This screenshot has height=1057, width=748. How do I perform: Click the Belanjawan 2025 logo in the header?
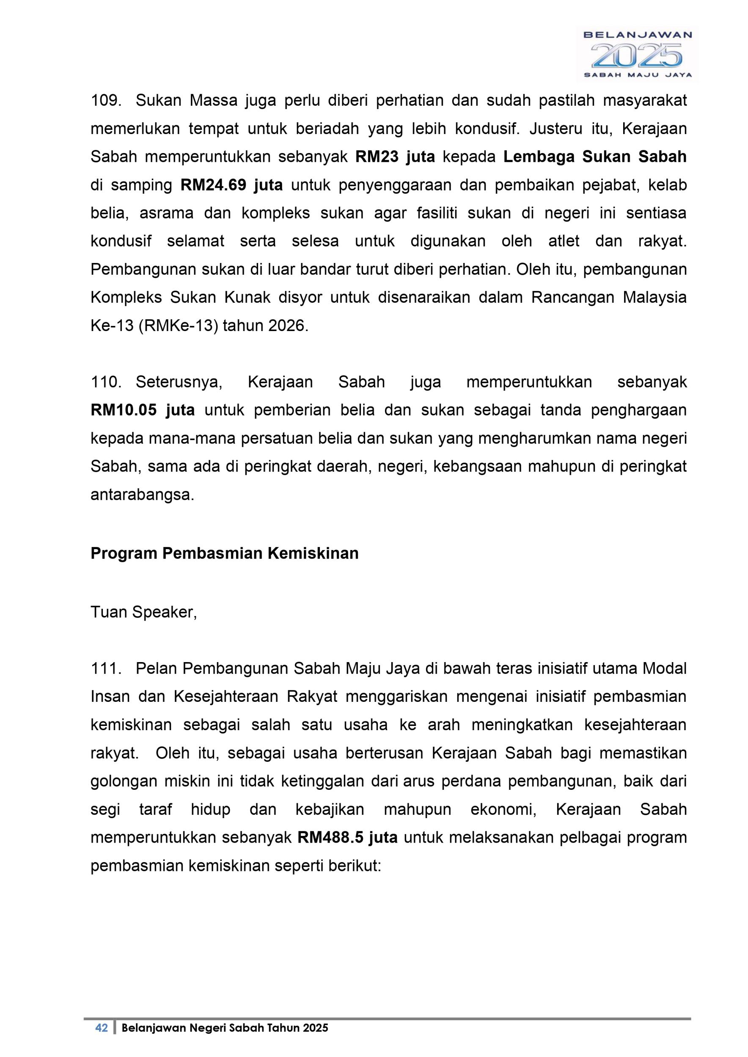(x=637, y=54)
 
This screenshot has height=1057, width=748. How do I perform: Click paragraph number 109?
(x=105, y=100)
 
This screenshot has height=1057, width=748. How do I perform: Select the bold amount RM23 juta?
(x=395, y=157)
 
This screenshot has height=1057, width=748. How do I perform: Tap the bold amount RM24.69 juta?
(x=232, y=185)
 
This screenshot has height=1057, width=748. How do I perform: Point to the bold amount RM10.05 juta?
(x=143, y=410)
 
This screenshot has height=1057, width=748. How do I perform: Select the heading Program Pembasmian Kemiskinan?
(x=224, y=553)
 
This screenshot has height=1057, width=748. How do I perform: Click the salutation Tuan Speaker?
(x=144, y=612)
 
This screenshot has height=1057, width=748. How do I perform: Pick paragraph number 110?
(x=105, y=382)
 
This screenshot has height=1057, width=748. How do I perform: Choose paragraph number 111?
(x=105, y=668)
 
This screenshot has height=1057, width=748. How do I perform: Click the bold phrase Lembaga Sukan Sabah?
(x=594, y=157)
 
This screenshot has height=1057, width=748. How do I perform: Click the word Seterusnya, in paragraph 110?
(x=179, y=382)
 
